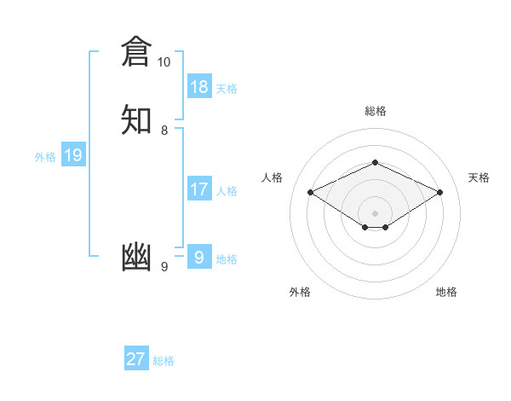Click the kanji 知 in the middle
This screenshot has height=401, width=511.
point(136,119)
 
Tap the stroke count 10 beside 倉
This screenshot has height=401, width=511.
point(164,62)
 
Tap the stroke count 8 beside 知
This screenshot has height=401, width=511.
point(164,130)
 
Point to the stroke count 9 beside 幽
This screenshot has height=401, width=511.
point(164,267)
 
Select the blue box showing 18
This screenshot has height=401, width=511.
point(199,86)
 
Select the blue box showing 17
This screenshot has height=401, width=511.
point(199,189)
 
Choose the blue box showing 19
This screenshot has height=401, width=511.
point(73,155)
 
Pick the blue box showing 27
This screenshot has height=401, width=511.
point(136,358)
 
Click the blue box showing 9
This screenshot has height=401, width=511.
point(199,257)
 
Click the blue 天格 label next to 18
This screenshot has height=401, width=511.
point(227,89)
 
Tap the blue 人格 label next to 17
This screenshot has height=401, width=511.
point(227,191)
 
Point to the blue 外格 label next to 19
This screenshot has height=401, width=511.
point(45,157)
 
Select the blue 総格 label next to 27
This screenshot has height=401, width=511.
point(164,361)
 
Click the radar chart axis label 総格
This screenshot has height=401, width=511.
point(375,111)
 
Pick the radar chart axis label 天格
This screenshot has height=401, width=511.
point(479,177)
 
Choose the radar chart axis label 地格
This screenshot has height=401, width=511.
point(446,292)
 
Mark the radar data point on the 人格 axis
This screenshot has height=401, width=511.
point(310,192)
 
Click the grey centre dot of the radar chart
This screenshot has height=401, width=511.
point(375,212)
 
